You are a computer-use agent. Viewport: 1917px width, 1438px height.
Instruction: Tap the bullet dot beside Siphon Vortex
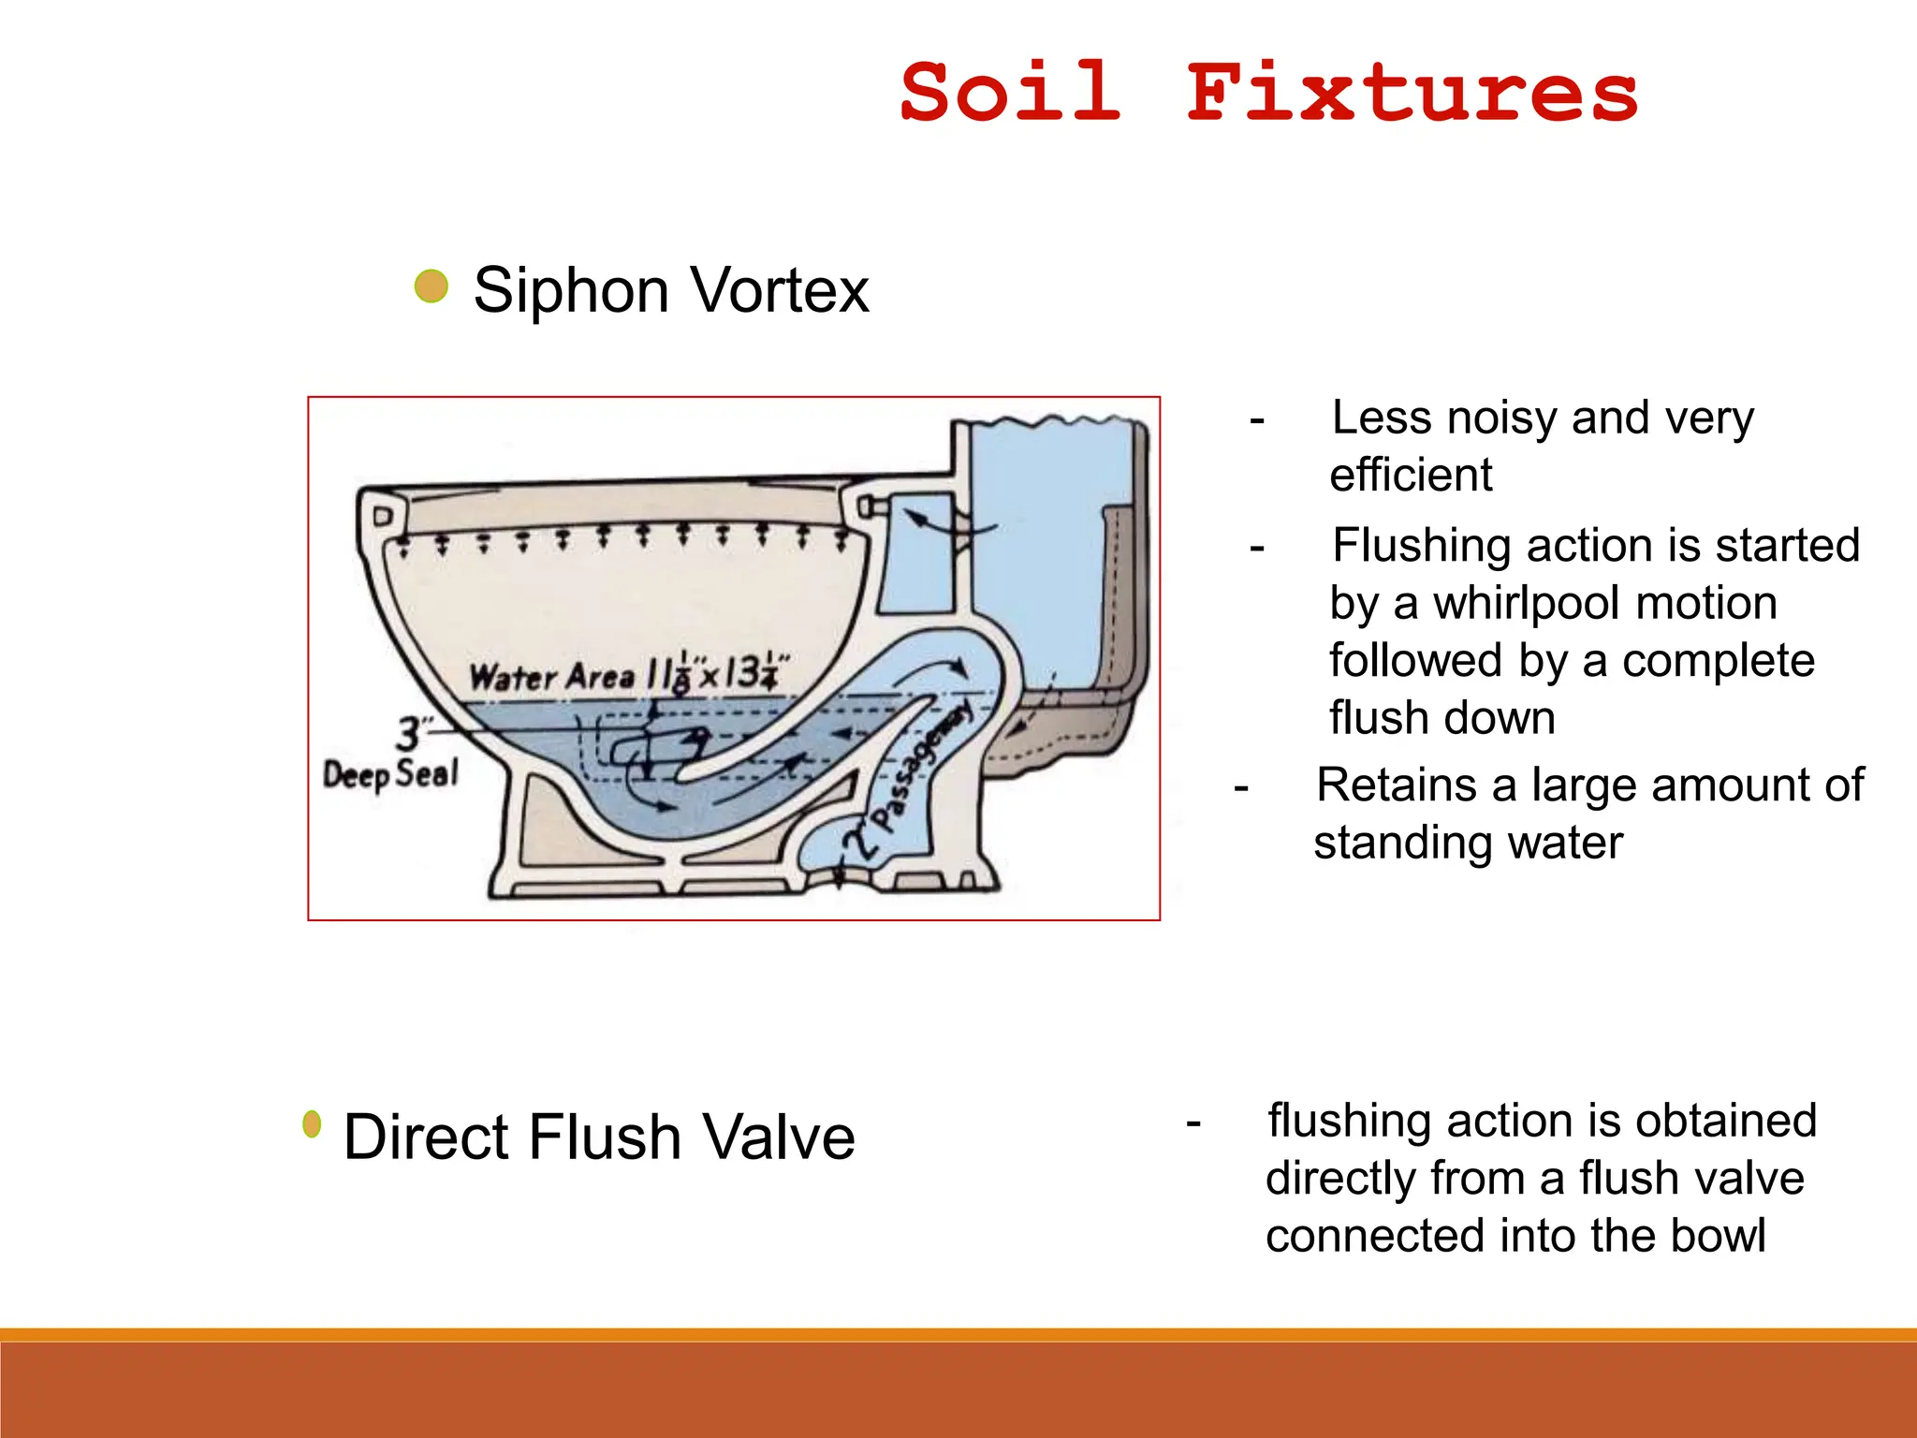point(432,286)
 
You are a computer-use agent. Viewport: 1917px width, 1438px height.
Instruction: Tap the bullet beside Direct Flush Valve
point(313,1124)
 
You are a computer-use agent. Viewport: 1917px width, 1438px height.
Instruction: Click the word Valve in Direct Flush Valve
point(779,1137)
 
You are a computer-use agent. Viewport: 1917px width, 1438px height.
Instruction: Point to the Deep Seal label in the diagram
point(390,774)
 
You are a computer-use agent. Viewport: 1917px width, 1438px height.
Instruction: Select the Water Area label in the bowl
point(552,676)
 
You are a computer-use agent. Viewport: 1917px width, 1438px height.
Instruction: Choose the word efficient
point(1411,476)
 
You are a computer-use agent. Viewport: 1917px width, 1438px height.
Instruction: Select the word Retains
point(1397,785)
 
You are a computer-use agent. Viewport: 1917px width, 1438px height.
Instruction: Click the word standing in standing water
point(1399,844)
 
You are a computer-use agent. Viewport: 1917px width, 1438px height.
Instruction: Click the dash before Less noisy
point(1257,420)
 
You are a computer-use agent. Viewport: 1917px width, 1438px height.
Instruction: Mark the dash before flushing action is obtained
point(1193,1123)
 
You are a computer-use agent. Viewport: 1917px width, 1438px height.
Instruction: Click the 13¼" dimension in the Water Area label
point(756,671)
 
